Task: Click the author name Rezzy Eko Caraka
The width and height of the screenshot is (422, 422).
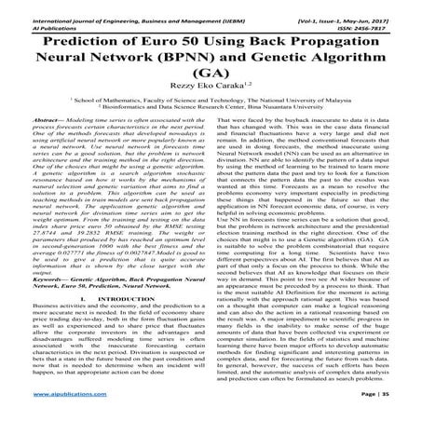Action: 209,102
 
